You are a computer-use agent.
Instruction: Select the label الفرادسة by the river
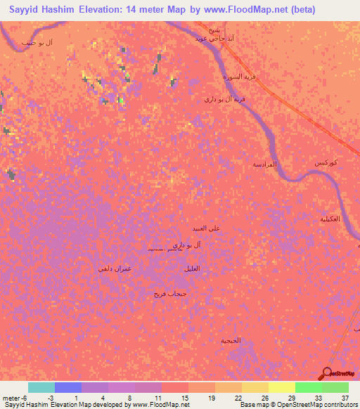point(265,164)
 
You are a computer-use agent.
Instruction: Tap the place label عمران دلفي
point(115,268)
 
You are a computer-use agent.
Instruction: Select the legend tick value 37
point(344,396)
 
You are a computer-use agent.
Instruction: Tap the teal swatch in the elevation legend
point(41,387)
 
